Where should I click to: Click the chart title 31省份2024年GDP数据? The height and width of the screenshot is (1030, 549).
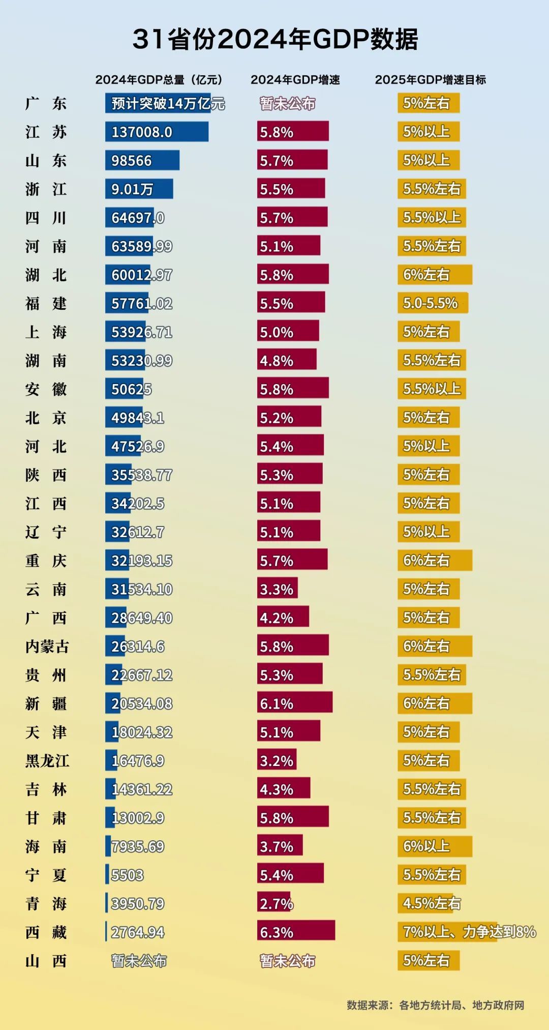pyautogui.click(x=275, y=39)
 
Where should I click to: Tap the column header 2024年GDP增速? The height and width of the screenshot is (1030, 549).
pyautogui.click(x=295, y=80)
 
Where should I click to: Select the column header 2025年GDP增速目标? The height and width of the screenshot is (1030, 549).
pyautogui.click(x=430, y=80)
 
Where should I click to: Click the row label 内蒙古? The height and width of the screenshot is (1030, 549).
pyautogui.click(x=47, y=646)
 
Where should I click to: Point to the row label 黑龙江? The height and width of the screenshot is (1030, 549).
pyautogui.click(x=47, y=761)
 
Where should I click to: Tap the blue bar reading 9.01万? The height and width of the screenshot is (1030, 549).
pyautogui.click(x=138, y=189)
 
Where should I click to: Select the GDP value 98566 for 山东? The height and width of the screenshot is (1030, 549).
pyautogui.click(x=132, y=160)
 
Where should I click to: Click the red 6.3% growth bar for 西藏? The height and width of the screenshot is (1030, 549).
pyautogui.click(x=295, y=932)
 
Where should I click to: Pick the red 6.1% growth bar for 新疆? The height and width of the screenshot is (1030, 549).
pyautogui.click(x=294, y=703)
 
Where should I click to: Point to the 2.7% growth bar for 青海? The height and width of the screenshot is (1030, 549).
pyautogui.click(x=274, y=903)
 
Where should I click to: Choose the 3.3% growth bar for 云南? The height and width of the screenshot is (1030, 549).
pyautogui.click(x=277, y=589)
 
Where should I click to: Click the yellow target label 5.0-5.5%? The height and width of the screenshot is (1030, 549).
pyautogui.click(x=432, y=303)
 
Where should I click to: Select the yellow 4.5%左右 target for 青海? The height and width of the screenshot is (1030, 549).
pyautogui.click(x=432, y=903)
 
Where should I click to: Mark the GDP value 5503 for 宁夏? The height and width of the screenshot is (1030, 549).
pyautogui.click(x=127, y=875)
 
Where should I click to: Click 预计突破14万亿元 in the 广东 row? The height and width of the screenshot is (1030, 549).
pyautogui.click(x=167, y=103)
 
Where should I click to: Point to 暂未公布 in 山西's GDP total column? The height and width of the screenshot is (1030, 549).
pyautogui.click(x=139, y=960)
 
